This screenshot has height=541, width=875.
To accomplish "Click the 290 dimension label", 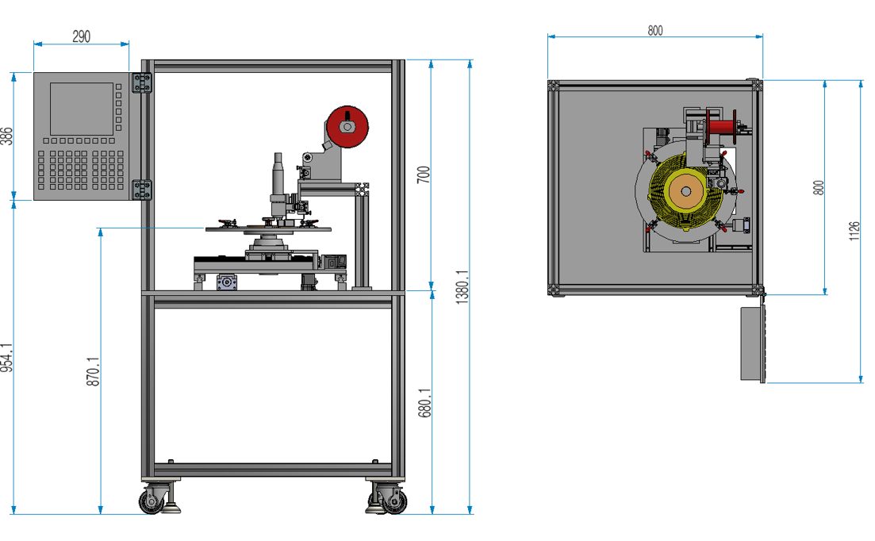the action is (x=82, y=36).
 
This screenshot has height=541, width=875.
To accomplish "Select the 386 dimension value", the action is (x=6, y=136).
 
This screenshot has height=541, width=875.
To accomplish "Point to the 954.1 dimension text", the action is (x=6, y=357).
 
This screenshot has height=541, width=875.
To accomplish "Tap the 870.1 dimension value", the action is (x=93, y=371).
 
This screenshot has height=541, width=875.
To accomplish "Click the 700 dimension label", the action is (x=424, y=175).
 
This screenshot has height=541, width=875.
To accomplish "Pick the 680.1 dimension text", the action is (x=424, y=403).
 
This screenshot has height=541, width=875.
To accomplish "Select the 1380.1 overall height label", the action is (x=462, y=287).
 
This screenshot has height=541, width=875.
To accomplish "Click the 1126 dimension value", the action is (x=854, y=231).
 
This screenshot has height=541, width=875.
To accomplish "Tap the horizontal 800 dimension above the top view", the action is (x=655, y=30).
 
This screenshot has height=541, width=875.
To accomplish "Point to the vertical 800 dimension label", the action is (x=819, y=187).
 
